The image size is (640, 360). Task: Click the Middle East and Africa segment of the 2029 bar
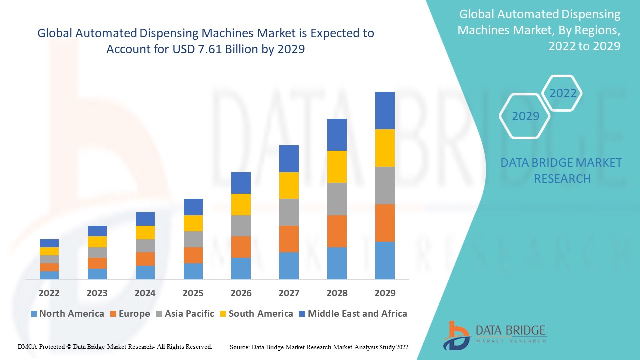coord(385,110)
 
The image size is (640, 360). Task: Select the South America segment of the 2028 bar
coord(337,167)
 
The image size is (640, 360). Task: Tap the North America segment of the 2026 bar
coord(241,268)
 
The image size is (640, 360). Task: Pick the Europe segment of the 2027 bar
coord(289,239)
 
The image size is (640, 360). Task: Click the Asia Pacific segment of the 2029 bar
coord(385,185)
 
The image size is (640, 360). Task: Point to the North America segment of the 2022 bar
coord(49,275)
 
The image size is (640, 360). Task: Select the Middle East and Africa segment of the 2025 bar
coord(193,207)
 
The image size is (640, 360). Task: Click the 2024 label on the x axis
coord(145,293)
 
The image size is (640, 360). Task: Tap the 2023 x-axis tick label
coord(97,293)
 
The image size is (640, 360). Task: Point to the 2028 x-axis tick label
coord(337,293)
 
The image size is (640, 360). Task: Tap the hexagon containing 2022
coord(563,93)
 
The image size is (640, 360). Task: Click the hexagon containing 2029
coord(525,116)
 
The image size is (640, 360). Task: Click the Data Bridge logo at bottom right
coord(494,334)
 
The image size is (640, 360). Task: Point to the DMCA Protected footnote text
coord(115,346)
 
